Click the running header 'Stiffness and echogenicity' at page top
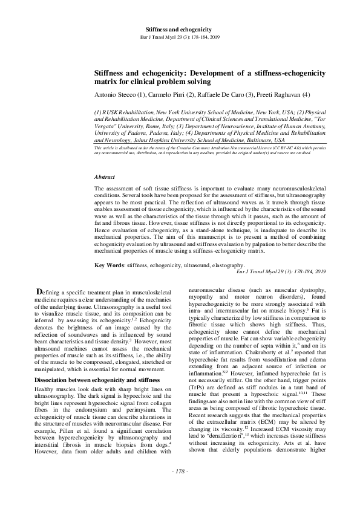pos(179,29)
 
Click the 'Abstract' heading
pos(105,177)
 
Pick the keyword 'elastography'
pos(226,265)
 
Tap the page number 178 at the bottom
pos(180,487)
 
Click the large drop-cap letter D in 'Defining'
pos(40,292)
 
